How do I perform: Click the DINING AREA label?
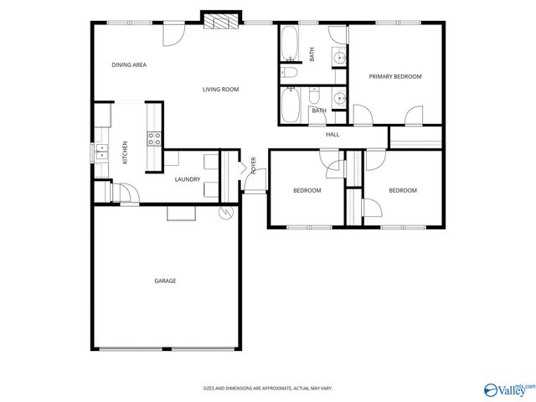pos(129,64)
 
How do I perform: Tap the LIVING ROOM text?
pos(221,89)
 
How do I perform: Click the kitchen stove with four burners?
pos(154,139)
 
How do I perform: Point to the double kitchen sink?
pos(100,152)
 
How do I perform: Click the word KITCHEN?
pos(126,152)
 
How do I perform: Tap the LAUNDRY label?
pos(187,179)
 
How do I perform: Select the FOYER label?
pos(253,166)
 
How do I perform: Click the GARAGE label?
pos(165,281)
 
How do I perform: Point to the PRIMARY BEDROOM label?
pos(395,76)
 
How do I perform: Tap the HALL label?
pos(332,134)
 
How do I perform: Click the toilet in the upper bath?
pos(291,74)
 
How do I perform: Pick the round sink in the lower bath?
pos(338,99)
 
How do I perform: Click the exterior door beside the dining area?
pos(173,34)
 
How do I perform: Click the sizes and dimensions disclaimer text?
pos(267,388)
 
